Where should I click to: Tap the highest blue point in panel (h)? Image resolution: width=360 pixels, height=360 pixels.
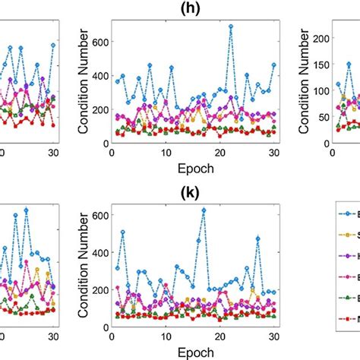pos(231,26)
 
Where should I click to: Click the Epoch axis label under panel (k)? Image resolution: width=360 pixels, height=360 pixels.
pos(192,352)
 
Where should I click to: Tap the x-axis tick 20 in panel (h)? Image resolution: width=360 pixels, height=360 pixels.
pos(220,152)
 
